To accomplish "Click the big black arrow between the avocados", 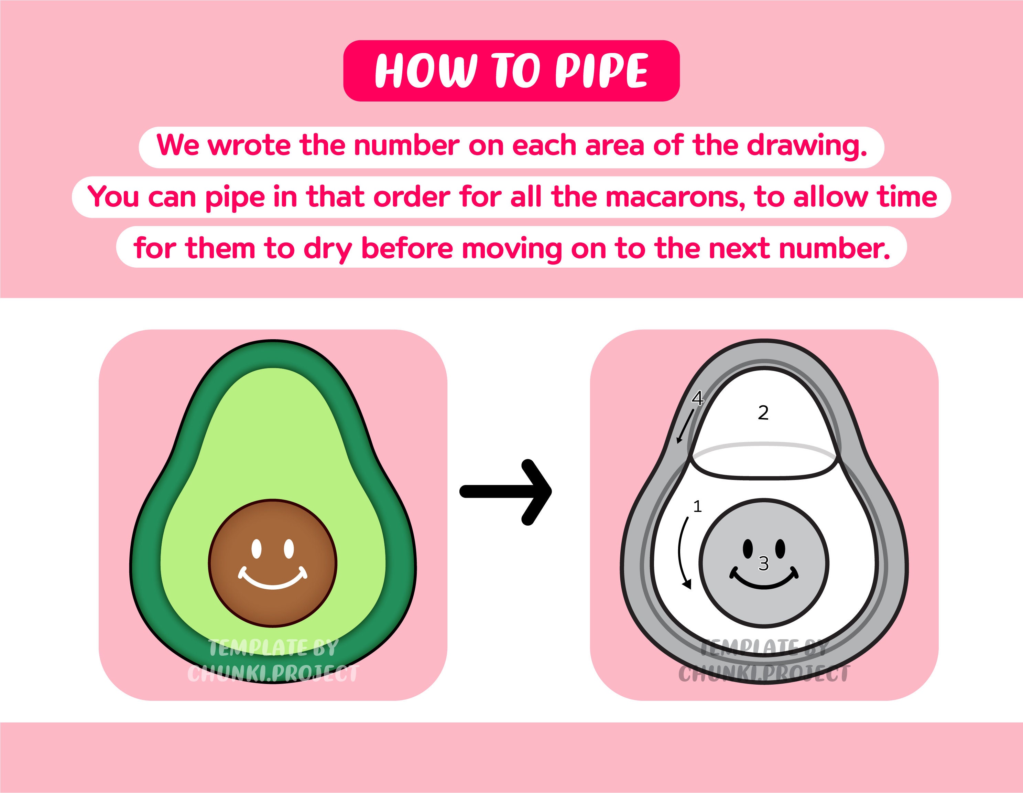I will tap(506, 491).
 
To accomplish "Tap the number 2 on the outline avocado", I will tap(763, 413).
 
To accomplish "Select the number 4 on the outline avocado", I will tap(697, 398).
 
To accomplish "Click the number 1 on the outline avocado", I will tap(697, 506).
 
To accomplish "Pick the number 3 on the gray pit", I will tap(763, 563).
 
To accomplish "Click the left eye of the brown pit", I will tap(256, 549).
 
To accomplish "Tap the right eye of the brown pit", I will tap(289, 548).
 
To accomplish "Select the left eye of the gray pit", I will tap(748, 547).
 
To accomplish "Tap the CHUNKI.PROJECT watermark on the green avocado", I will tap(273, 674).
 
